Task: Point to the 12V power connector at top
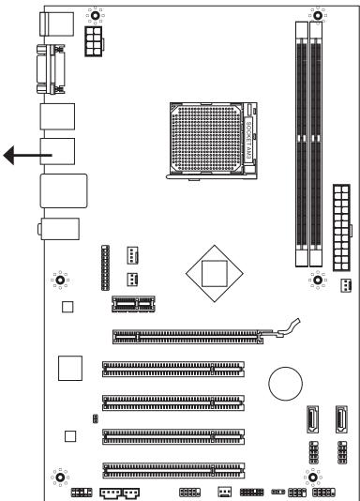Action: (95, 40)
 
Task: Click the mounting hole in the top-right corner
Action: (318, 15)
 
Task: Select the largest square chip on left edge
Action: (70, 367)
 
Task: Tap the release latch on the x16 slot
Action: (290, 327)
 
